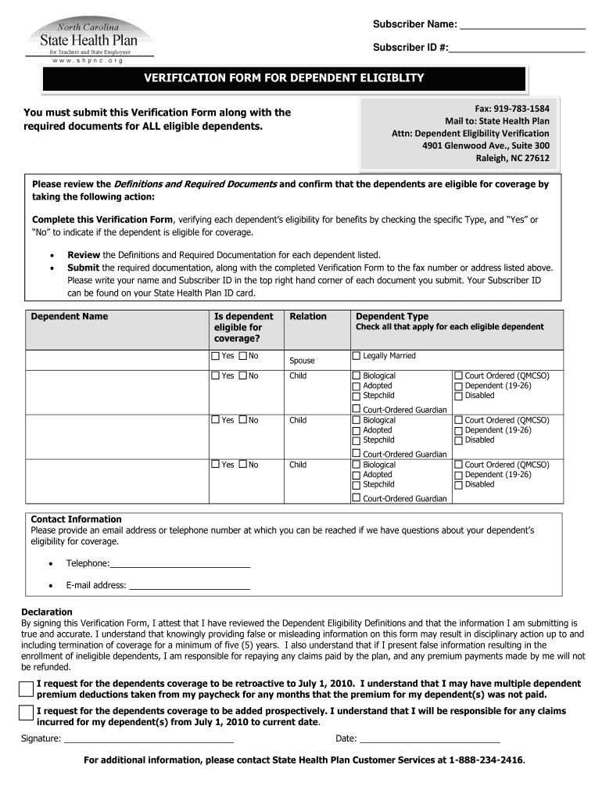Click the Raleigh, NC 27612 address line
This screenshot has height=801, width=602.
point(513,158)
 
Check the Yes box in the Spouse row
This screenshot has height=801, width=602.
point(216,357)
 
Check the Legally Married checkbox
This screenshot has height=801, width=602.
point(357,357)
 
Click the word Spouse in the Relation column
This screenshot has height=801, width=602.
point(302,361)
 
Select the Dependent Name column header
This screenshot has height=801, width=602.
point(70,317)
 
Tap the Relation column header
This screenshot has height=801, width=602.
point(308,317)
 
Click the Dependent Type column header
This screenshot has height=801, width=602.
point(392,317)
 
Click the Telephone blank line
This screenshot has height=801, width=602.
point(180,564)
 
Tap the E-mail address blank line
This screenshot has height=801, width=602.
point(189,586)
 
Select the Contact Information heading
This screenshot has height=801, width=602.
point(76,519)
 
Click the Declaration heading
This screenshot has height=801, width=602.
point(47,612)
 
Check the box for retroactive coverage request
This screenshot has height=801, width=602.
point(27,689)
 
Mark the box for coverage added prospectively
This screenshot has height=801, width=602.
point(27,713)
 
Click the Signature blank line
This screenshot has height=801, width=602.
point(149,738)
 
